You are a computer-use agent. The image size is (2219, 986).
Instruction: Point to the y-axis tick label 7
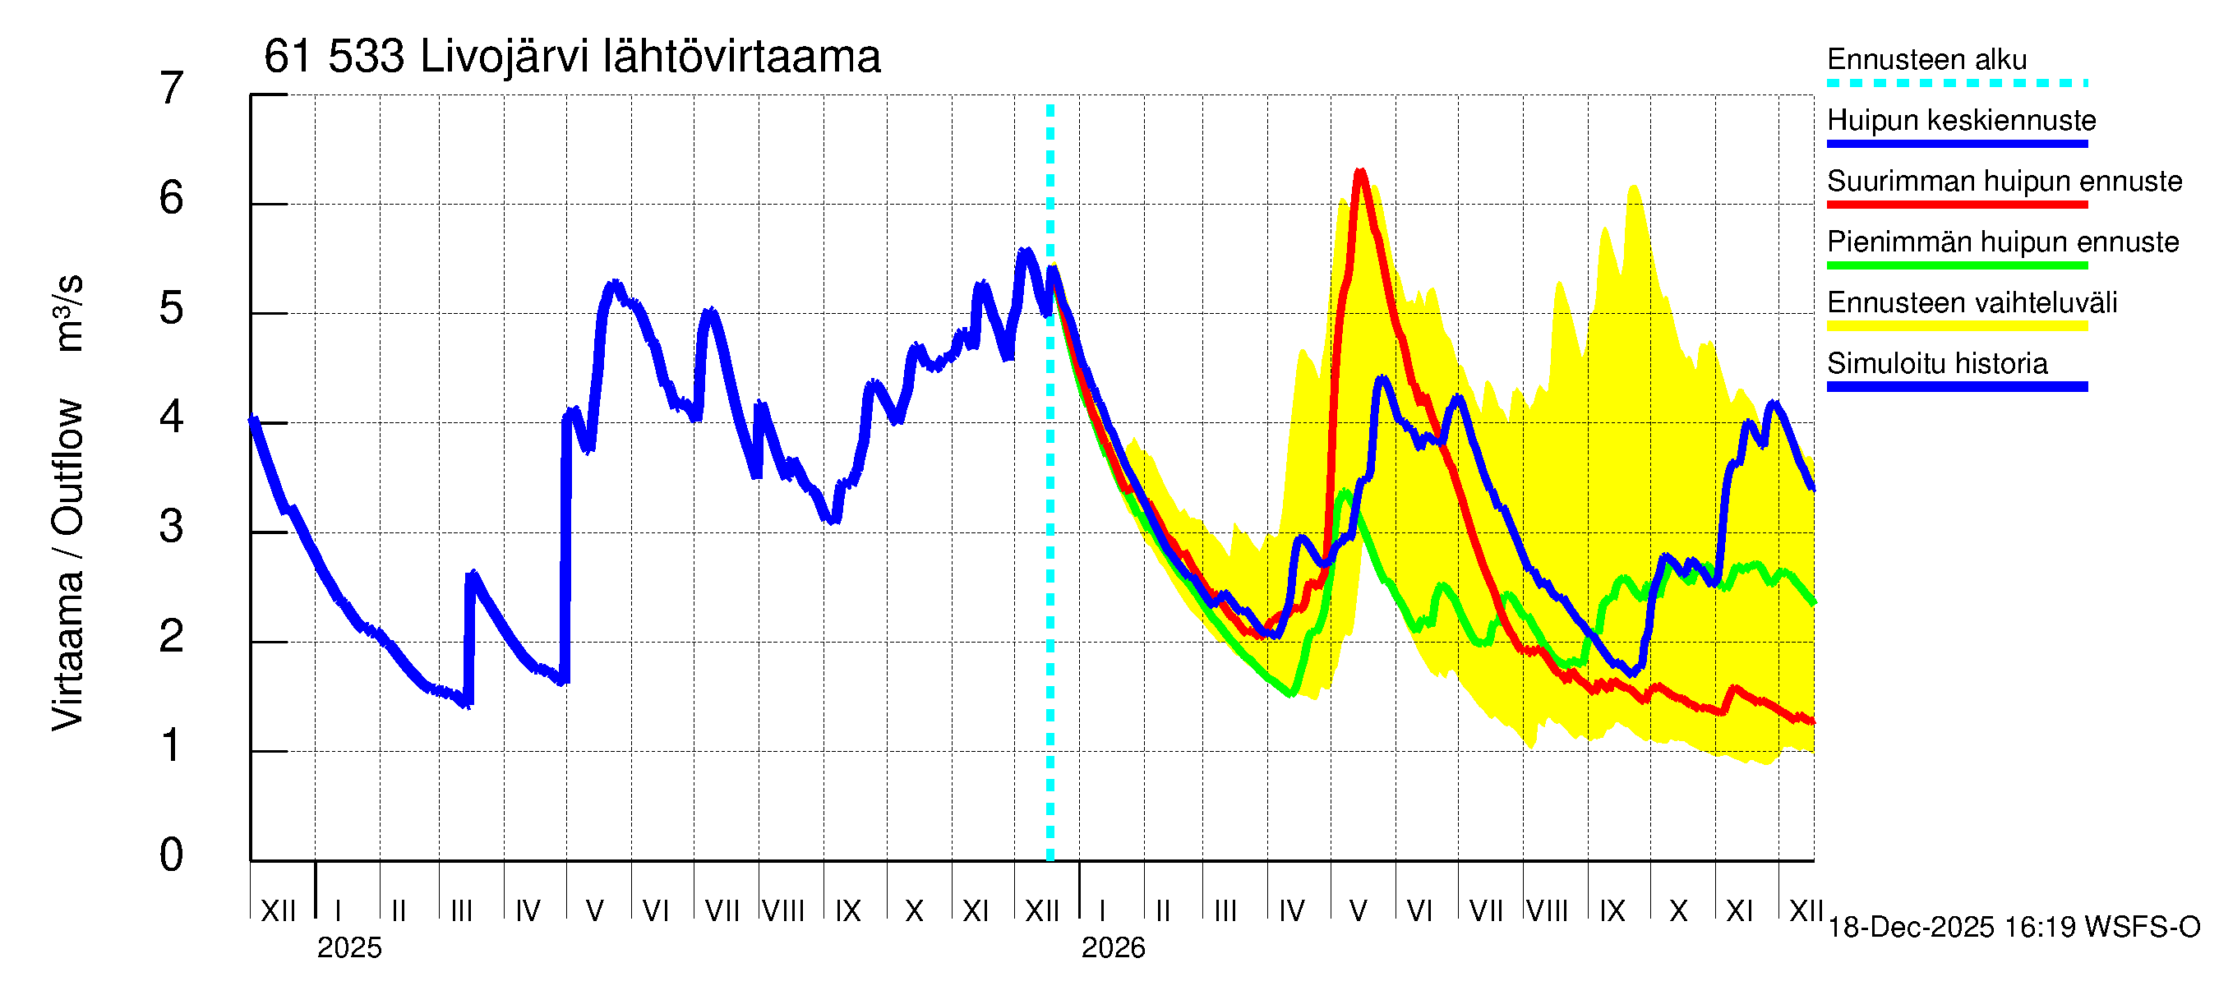172,89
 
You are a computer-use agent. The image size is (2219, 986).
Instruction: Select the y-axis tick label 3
172,526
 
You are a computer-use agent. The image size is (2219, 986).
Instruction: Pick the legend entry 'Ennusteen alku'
1926,60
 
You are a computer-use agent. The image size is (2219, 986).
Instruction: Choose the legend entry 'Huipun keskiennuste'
1961,121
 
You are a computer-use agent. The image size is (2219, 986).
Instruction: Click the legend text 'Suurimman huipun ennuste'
2004,182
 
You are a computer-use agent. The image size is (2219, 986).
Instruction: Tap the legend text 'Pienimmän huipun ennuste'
2002,242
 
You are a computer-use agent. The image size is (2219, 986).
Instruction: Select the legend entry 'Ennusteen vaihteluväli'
1971,303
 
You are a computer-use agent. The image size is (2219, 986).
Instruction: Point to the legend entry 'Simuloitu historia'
1936,364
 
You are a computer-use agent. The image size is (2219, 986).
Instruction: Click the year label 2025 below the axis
348,948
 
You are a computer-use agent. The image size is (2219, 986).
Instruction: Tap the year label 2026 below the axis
1113,948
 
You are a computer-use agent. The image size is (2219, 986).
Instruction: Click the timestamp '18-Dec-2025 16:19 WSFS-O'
2013,928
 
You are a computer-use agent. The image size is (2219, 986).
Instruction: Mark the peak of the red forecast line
1360,172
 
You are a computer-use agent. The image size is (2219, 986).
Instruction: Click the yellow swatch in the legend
1956,326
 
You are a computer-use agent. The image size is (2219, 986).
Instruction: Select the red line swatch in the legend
1956,205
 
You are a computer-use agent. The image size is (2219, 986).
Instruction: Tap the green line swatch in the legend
1956,265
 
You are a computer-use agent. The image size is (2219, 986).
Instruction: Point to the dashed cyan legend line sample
1956,84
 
